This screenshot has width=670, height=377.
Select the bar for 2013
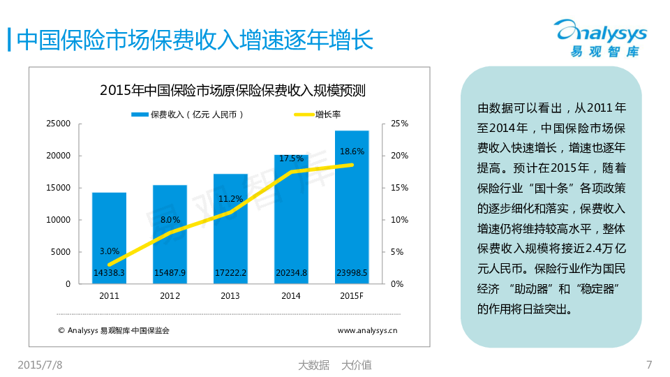click(x=230, y=223)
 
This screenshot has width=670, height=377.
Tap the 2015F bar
click(x=352, y=209)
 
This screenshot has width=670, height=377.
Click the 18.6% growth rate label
click(x=352, y=151)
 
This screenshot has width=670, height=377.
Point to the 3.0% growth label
click(x=110, y=251)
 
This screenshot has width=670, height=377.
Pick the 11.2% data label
click(x=230, y=198)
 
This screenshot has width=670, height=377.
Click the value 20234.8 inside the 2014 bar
click(x=291, y=273)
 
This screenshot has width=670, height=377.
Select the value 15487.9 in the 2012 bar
click(x=170, y=273)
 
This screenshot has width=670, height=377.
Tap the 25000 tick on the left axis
click(x=59, y=124)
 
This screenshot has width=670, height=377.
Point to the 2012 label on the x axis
click(x=170, y=296)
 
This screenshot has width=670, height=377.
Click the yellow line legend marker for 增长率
click(x=303, y=114)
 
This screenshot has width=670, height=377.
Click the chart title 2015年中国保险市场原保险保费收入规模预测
click(x=233, y=90)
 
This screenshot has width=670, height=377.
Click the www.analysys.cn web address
click(x=367, y=330)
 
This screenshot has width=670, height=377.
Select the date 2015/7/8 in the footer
click(x=39, y=364)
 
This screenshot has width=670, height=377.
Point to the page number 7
click(x=650, y=364)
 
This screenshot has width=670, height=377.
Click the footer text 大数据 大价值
click(x=334, y=364)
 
